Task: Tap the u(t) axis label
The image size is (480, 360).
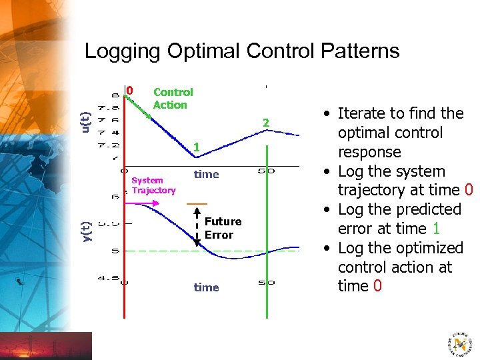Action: (x=85, y=120)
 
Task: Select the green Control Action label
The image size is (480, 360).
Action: (x=173, y=98)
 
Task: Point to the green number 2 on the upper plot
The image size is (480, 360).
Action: (x=265, y=123)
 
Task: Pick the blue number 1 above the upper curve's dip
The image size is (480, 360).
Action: (x=195, y=146)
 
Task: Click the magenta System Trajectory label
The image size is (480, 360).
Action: (x=153, y=185)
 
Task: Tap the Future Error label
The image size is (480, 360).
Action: (x=223, y=228)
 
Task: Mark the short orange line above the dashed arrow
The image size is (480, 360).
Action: (x=197, y=203)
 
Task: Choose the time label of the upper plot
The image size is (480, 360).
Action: (x=206, y=174)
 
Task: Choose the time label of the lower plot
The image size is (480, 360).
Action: (x=206, y=287)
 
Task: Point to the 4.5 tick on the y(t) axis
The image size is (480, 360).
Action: (x=108, y=279)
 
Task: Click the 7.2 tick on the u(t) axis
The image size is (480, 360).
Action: (x=108, y=145)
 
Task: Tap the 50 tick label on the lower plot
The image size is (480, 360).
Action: (x=266, y=283)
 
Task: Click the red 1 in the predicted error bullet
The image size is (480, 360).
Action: (x=435, y=229)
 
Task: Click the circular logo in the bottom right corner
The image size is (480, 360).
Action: (x=459, y=343)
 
